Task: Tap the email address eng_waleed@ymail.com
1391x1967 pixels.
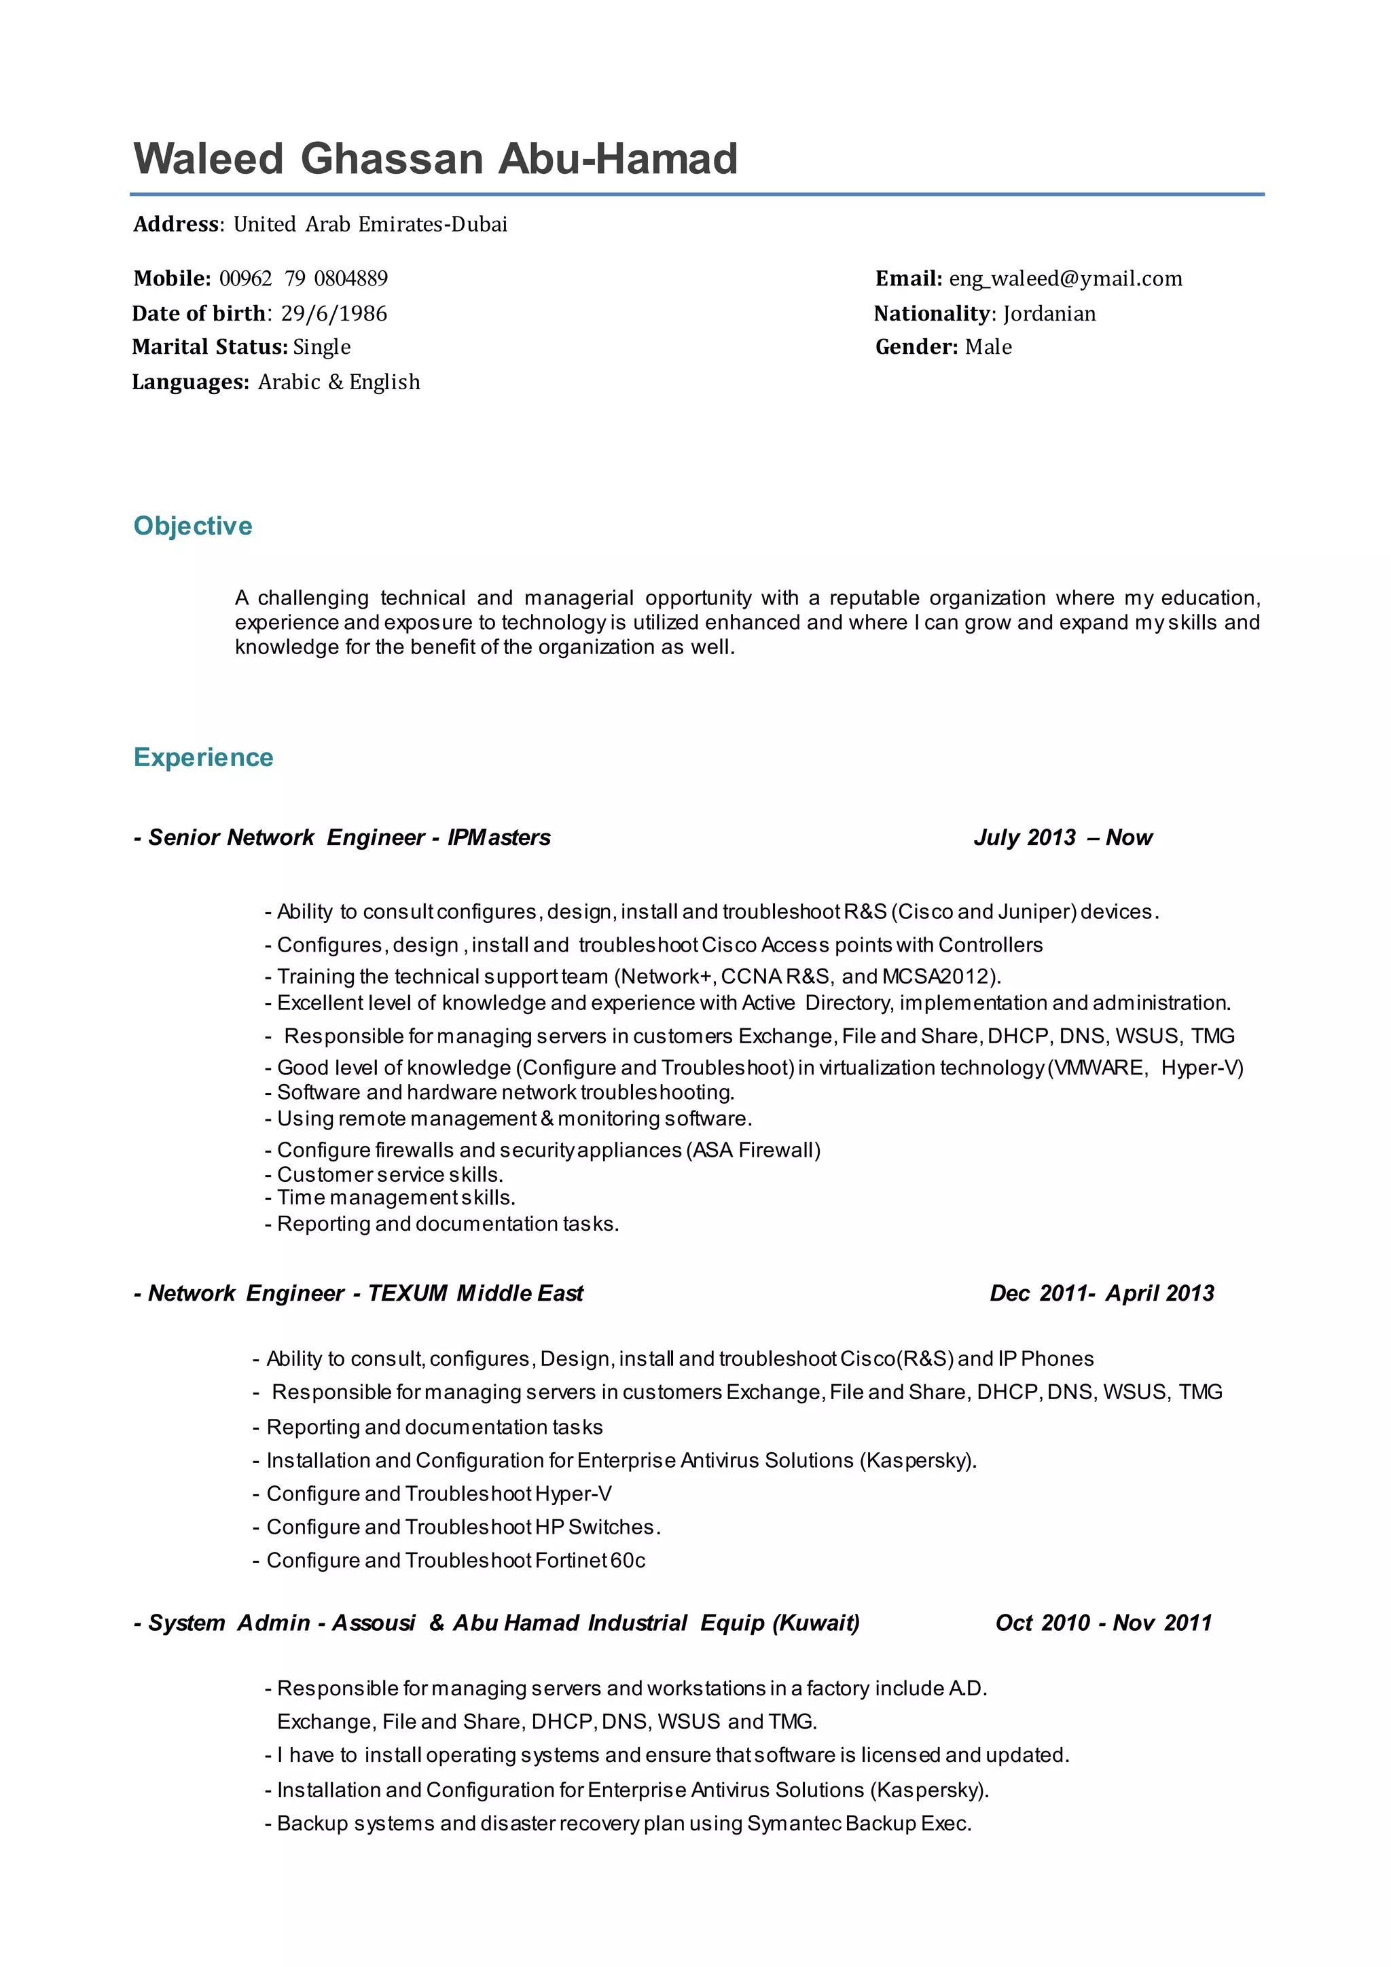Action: [1065, 278]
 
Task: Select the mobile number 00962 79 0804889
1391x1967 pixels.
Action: [303, 278]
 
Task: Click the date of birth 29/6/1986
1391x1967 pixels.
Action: [333, 314]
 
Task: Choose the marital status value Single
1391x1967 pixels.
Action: [321, 347]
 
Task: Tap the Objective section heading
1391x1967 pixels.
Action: [193, 525]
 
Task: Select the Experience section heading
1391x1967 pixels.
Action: [203, 757]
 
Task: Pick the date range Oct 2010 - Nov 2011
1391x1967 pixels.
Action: [1103, 1623]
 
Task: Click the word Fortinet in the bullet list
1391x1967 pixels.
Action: [571, 1560]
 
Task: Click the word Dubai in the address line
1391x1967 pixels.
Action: [480, 224]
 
